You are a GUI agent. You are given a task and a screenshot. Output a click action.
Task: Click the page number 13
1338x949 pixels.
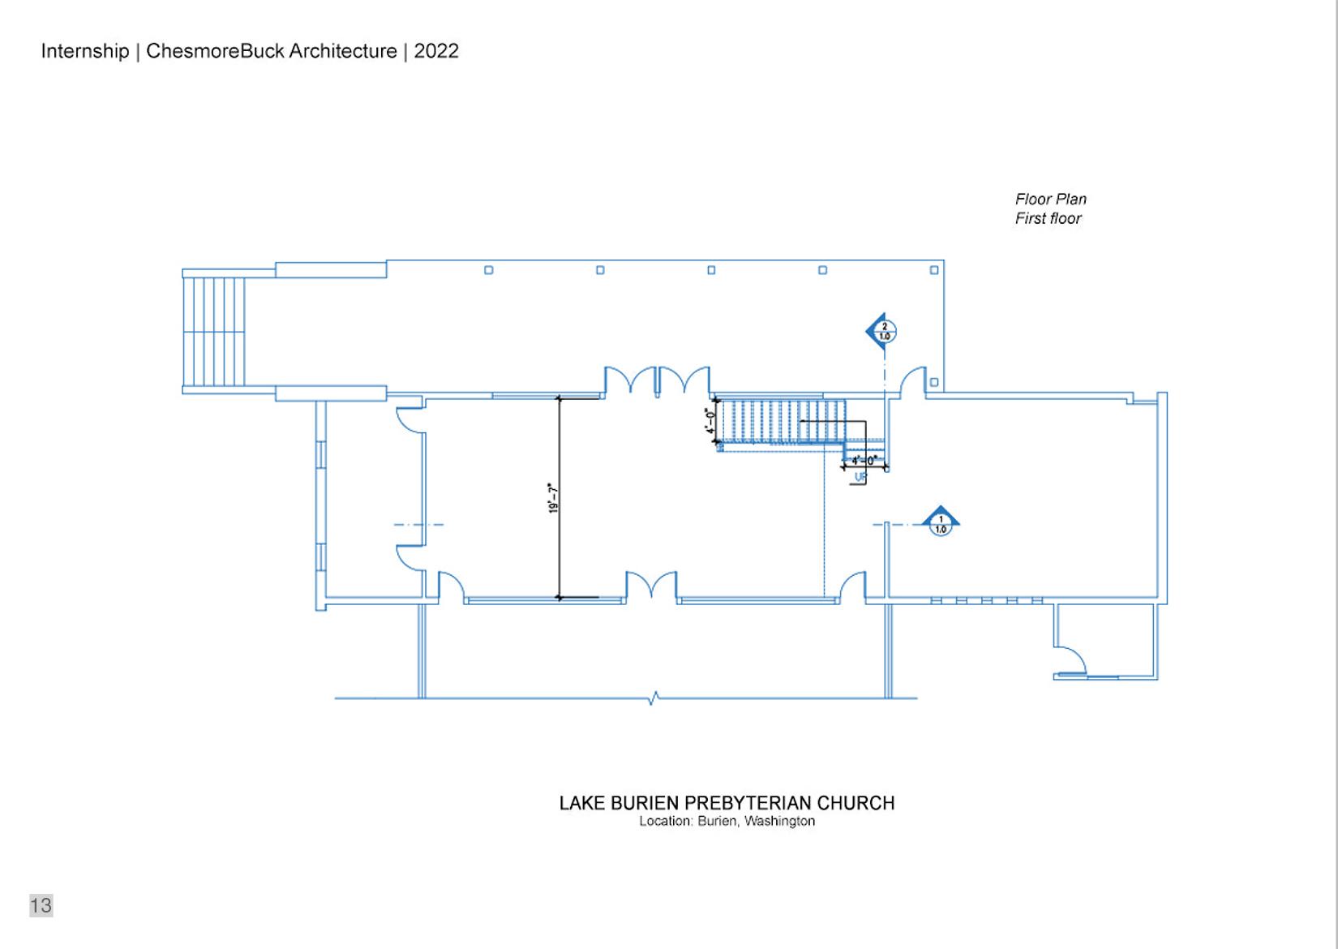[x=41, y=905]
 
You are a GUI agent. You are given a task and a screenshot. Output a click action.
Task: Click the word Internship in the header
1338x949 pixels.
[x=85, y=51]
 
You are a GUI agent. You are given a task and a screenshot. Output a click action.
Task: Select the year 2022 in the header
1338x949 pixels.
[x=436, y=51]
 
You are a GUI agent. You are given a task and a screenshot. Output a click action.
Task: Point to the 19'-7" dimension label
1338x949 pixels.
[x=553, y=498]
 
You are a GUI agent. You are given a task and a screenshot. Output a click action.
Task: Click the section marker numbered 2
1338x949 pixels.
[x=881, y=331]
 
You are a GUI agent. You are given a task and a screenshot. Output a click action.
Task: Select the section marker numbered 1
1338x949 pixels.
[x=940, y=522]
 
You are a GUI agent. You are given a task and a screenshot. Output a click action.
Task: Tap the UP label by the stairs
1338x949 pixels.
[x=860, y=477]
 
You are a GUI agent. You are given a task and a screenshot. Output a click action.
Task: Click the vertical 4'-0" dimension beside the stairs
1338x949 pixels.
[x=710, y=421]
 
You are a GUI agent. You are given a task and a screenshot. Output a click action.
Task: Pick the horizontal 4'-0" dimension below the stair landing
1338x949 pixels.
[x=864, y=461]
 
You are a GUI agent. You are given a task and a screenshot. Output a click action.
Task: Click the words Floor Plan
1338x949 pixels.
[x=1051, y=199]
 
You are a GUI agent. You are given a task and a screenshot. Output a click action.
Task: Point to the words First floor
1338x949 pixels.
[x=1048, y=219]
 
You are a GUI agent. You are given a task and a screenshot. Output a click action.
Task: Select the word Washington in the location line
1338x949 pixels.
[x=779, y=821]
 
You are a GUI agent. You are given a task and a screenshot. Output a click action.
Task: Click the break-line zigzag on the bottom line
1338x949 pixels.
[x=654, y=698]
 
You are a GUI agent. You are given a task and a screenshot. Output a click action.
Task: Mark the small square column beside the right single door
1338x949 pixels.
[x=934, y=382]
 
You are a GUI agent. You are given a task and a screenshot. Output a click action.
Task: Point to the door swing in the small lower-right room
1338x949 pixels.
[x=1072, y=659]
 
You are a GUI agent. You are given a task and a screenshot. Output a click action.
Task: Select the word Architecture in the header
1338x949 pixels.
[x=343, y=51]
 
